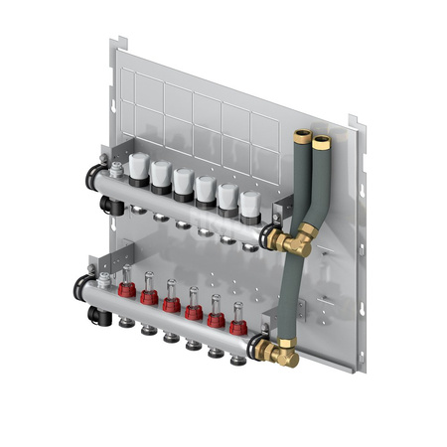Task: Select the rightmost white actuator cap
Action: click(x=248, y=202)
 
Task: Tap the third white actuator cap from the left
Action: click(x=182, y=180)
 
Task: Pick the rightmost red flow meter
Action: click(x=237, y=325)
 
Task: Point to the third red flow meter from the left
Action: click(x=172, y=303)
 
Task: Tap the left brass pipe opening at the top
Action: click(x=302, y=136)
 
